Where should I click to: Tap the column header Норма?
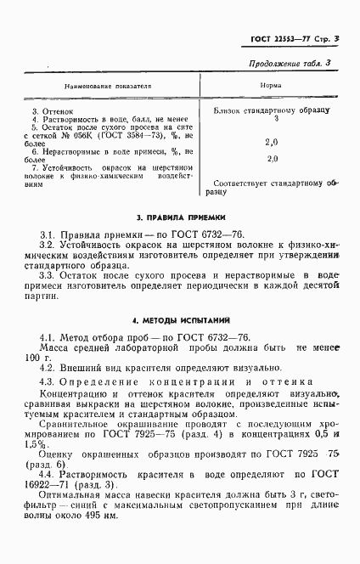pos(271,87)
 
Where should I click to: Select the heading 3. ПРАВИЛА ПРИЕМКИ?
pos(180,218)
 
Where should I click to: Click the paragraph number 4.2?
pos(48,368)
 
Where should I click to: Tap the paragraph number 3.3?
pos(48,274)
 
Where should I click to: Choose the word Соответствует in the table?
pos(245,183)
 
